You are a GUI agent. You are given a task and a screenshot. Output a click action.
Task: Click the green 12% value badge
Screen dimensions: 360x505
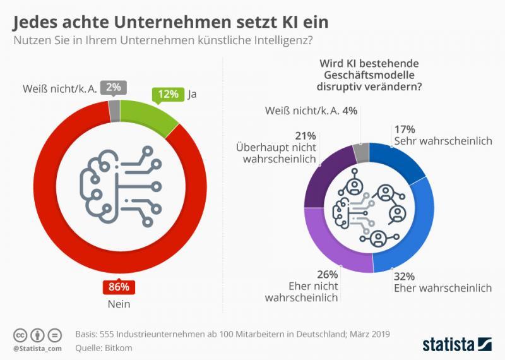[x=168, y=95]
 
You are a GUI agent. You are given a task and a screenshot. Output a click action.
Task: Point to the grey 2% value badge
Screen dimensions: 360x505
[x=118, y=87]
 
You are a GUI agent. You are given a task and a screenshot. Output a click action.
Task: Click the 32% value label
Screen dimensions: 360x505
[x=404, y=275]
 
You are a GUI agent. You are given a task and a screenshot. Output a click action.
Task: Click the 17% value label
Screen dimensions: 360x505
[x=404, y=128]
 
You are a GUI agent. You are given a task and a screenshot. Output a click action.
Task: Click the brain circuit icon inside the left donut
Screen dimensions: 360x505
[x=116, y=183]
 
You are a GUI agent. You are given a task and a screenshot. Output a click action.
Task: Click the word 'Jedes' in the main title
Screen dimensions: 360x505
[x=37, y=22]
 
